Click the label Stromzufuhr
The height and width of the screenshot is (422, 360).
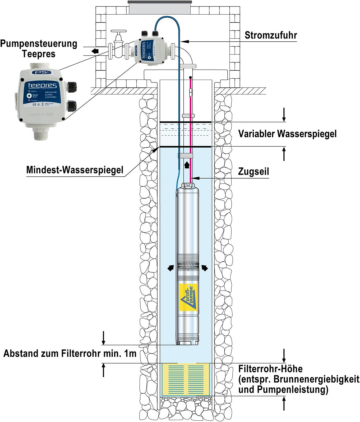click(x=270, y=35)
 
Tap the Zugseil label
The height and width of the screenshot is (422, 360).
click(x=253, y=172)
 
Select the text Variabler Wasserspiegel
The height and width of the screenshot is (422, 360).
click(x=287, y=134)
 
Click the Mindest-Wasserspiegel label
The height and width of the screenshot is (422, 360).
click(x=75, y=170)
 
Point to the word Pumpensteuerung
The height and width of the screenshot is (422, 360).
click(x=39, y=44)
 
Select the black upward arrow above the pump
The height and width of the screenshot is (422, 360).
click(x=187, y=164)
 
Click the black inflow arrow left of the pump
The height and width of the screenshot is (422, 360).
click(x=170, y=268)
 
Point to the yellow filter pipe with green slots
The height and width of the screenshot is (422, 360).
click(x=186, y=379)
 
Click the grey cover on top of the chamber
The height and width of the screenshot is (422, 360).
click(x=160, y=7)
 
